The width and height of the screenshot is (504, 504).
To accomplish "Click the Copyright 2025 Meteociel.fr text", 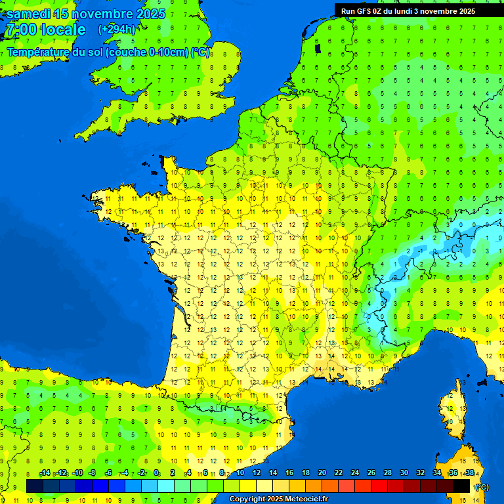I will (278, 499).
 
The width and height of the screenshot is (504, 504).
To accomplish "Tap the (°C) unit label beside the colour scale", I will (481, 486).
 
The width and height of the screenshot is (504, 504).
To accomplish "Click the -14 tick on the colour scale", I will (45, 473).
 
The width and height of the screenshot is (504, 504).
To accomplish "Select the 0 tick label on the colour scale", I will (156, 473).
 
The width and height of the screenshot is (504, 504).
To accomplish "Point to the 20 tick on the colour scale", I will (322, 473).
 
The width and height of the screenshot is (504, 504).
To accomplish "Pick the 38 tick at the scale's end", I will (469, 473).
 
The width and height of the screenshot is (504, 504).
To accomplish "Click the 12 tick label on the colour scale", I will (256, 473).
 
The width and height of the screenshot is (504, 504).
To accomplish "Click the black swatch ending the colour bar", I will (461, 486).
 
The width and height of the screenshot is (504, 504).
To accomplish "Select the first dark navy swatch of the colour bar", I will (35, 486).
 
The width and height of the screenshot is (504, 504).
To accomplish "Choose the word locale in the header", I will (63, 30).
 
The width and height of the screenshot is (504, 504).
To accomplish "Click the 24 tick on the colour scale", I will (354, 473).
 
